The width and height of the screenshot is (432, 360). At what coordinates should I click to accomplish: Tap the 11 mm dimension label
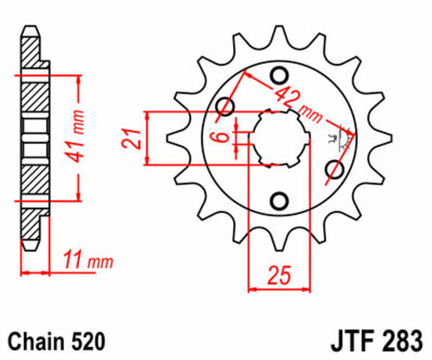click(87, 261)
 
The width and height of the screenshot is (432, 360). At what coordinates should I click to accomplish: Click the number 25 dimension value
click(278, 278)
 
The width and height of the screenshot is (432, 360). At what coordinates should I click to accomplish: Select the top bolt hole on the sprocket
click(280, 76)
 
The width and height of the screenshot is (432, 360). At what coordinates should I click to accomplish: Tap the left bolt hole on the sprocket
click(226, 106)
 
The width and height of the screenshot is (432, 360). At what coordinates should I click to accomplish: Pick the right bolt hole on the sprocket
click(335, 170)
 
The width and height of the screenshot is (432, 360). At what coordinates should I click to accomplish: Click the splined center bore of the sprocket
click(280, 138)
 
